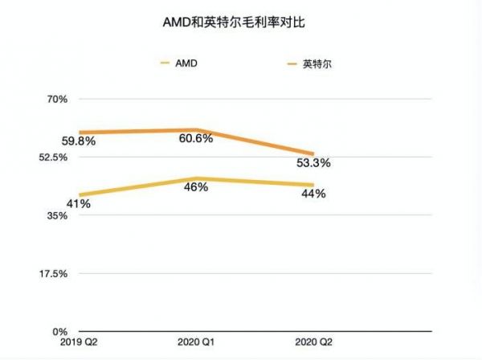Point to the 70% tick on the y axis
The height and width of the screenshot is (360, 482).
(x=60, y=100)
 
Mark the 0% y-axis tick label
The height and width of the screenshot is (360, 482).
(x=63, y=331)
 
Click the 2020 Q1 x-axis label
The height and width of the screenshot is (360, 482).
(x=197, y=343)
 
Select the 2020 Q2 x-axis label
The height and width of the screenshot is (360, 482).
(x=312, y=343)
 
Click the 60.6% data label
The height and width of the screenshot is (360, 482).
(x=196, y=138)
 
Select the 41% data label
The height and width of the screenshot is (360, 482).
(x=78, y=204)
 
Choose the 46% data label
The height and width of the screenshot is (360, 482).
(x=197, y=187)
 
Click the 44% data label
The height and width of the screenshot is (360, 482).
(x=313, y=194)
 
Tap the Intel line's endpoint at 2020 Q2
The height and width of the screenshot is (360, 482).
(x=312, y=153)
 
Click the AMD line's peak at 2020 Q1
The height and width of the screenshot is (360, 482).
(x=197, y=178)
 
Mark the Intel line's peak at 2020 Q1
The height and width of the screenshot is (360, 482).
(x=197, y=129)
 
